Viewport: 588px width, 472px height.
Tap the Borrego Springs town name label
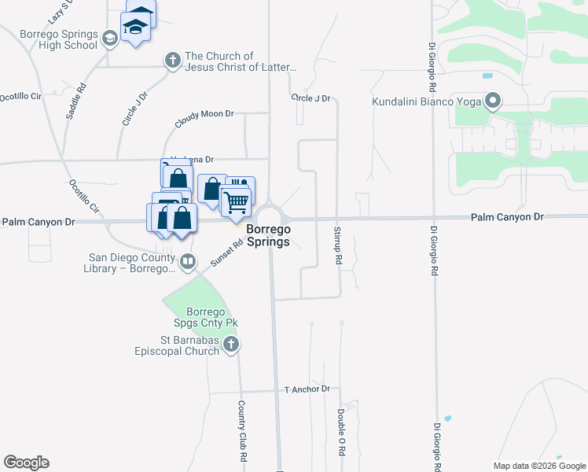point(269,235)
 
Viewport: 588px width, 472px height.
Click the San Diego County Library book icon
point(187,261)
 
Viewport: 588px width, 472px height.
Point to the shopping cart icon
point(236,201)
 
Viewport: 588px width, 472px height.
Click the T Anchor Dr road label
point(307,389)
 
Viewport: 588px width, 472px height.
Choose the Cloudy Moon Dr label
point(204,119)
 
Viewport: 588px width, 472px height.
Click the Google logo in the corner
point(26,463)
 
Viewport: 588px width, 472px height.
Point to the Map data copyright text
point(538,466)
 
